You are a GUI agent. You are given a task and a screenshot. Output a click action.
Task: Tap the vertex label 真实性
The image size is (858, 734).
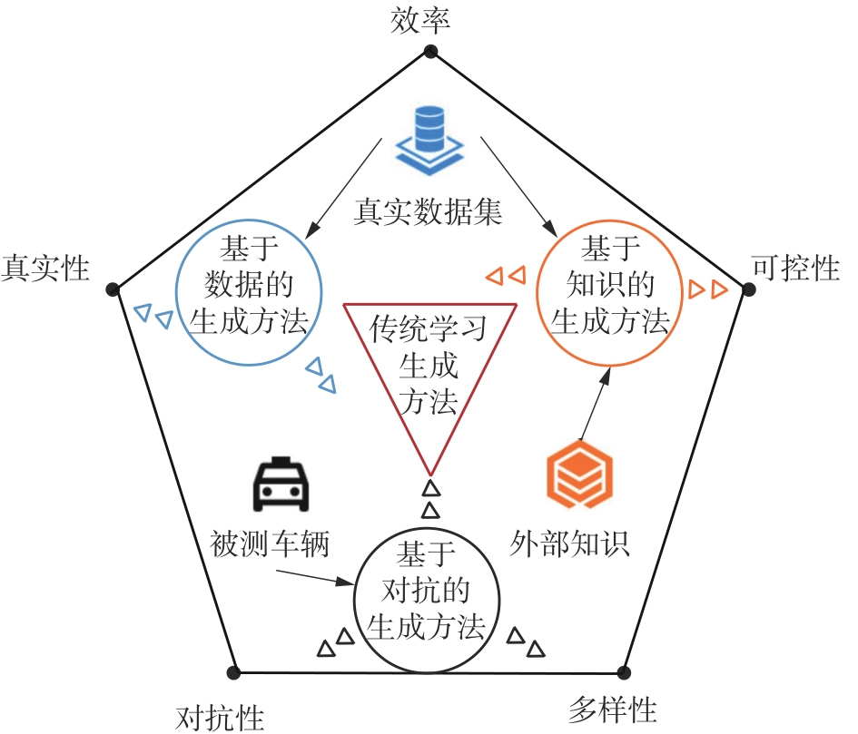click(x=46, y=269)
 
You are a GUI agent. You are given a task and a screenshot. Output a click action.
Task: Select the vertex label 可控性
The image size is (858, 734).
click(x=796, y=268)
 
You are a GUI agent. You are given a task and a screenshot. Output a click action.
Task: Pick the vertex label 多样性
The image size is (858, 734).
click(x=612, y=708)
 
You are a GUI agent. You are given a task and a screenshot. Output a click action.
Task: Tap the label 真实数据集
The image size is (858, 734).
click(x=428, y=212)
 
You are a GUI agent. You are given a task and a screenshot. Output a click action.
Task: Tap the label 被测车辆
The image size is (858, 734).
click(x=269, y=545)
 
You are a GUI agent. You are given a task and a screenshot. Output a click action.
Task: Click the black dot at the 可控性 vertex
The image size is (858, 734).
click(x=749, y=289)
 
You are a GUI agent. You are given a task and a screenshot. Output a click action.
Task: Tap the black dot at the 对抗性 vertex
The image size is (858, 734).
click(x=233, y=672)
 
